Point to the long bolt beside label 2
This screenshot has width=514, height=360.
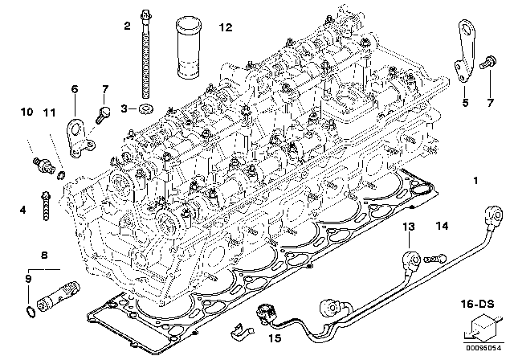pyautogui.click(x=145, y=56)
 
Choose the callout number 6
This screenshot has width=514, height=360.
pyautogui.click(x=75, y=89)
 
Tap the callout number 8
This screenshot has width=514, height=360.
pyautogui.click(x=45, y=255)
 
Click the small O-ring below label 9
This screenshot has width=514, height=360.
pyautogui.click(x=30, y=311)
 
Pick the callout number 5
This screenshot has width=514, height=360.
pyautogui.click(x=464, y=102)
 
